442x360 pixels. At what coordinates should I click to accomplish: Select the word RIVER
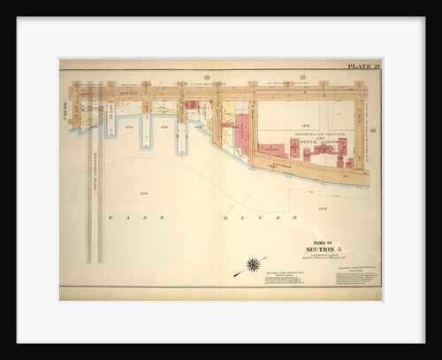[x=264, y=217]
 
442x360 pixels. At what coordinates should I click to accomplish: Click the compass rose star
[x=254, y=264]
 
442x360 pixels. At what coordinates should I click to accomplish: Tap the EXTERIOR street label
[x=281, y=164]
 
